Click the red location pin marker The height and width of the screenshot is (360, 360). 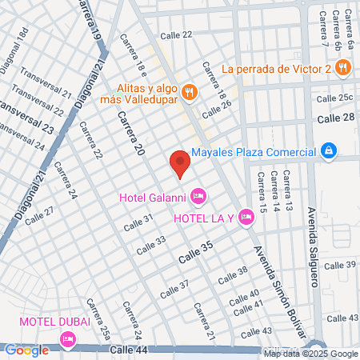180,163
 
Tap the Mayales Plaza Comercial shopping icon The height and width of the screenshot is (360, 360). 328,150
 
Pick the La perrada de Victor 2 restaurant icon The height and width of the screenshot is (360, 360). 343,68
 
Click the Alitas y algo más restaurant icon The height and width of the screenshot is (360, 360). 190,92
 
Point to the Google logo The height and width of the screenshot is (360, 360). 26,350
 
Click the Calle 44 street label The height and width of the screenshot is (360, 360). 130,350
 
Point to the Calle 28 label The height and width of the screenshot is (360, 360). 336,118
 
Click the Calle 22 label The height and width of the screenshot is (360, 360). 176,34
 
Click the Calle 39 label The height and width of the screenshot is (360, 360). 340,265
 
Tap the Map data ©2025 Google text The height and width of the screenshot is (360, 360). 311,354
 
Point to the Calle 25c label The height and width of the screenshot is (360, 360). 334,98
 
